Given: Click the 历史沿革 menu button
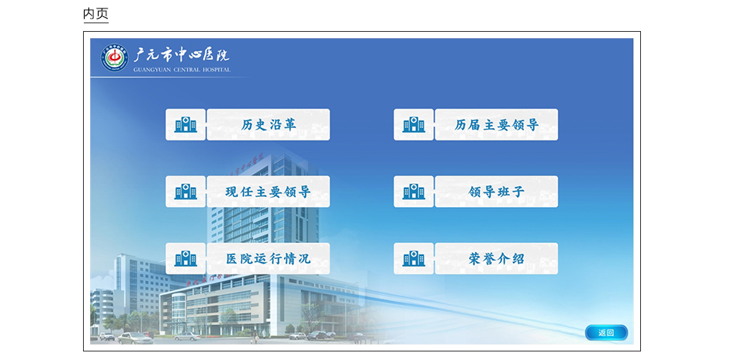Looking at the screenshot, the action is point(268,124).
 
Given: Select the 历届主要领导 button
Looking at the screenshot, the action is point(497,124).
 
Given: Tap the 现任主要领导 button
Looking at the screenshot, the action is point(268,192).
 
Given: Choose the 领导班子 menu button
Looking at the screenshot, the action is point(497,192).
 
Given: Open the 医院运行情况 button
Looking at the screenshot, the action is point(268,258).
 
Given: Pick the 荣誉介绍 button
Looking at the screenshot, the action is point(497,258).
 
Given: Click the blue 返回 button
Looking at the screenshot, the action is point(606,333).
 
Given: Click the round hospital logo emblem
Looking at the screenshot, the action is point(115,58).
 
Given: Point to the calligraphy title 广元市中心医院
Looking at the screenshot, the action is point(182,55).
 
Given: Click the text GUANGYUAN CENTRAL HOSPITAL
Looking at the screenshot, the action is point(182,70).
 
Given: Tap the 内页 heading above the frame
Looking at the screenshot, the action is point(95,13).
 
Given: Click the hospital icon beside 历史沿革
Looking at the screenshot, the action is point(185,124).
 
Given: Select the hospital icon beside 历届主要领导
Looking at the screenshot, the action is point(414,124).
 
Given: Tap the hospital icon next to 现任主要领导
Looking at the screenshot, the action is point(185,192).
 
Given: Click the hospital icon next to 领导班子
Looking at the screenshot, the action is point(414,192).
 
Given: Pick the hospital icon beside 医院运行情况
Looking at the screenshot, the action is point(185,258).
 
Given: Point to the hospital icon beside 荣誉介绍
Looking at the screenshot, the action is point(414,258).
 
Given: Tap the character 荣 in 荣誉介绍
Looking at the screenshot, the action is point(475,259).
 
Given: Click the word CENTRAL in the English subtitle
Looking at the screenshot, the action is point(185,70).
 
